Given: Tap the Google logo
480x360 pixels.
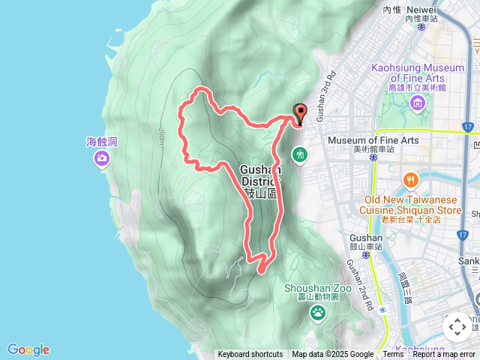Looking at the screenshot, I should (28, 349).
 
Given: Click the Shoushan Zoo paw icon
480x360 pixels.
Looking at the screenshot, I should (318, 311).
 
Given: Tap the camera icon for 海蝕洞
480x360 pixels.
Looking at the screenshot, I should (101, 157).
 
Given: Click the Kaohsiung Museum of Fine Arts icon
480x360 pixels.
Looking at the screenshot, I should (417, 100).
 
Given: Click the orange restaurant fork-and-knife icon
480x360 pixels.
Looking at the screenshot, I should (410, 180).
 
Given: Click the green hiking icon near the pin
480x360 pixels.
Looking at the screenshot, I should (300, 154).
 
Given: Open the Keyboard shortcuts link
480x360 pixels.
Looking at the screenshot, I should (250, 355).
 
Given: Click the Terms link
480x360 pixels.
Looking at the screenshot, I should (393, 355).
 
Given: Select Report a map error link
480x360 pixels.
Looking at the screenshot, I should (444, 355).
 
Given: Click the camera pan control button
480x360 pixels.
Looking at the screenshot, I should (457, 327).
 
